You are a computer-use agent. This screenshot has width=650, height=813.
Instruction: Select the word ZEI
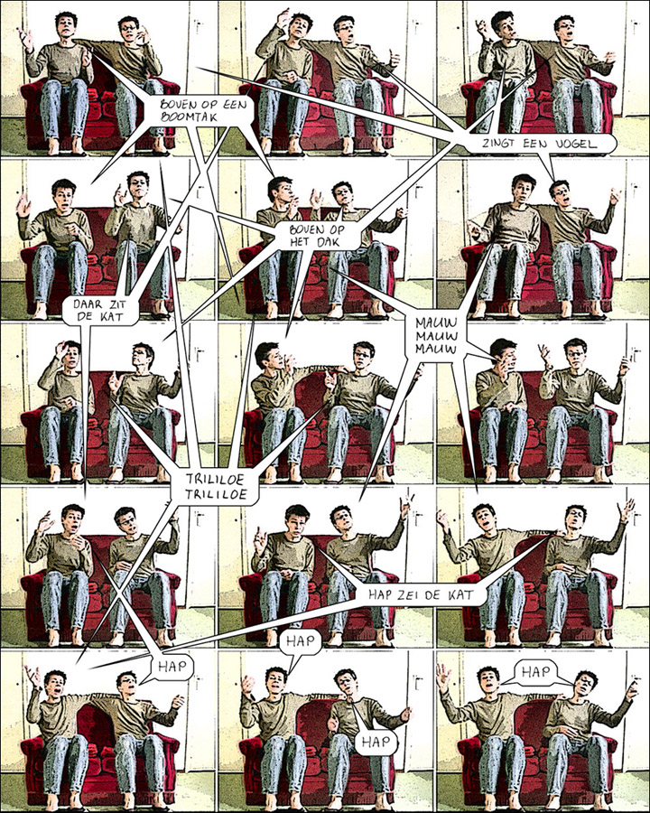[x=411, y=595]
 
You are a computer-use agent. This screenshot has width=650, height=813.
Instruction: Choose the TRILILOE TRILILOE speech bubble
[x=215, y=486]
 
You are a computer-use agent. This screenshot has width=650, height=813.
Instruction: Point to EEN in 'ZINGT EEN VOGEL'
[x=533, y=144]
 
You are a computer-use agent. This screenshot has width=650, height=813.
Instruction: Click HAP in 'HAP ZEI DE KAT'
[x=380, y=595]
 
